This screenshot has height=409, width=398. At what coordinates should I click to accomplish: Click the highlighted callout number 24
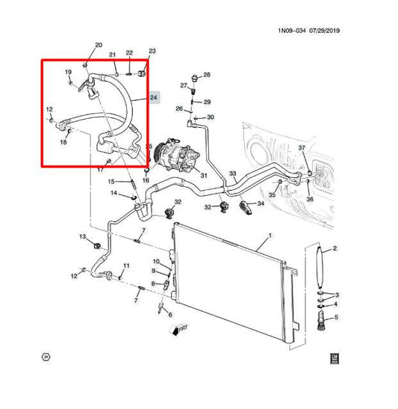click(x=154, y=97)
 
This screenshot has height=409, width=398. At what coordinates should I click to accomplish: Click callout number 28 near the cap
click(x=207, y=75)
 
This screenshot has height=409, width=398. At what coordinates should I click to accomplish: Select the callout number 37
click(x=302, y=149)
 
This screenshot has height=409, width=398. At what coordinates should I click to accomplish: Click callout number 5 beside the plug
click(x=336, y=318)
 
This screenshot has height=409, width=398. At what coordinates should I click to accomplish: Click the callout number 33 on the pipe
click(x=232, y=174)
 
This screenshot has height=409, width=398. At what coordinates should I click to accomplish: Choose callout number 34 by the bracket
click(x=261, y=203)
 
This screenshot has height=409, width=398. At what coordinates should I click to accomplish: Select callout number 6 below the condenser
click(x=170, y=314)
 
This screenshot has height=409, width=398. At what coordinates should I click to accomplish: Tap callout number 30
click(x=210, y=117)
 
